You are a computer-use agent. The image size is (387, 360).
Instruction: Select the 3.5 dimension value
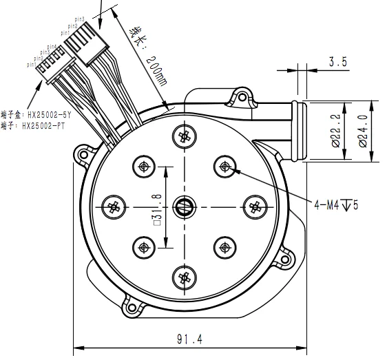(x=338, y=63)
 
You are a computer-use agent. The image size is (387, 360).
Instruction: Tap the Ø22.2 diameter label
(x=335, y=131)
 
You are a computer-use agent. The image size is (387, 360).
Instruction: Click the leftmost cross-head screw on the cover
(x=114, y=205)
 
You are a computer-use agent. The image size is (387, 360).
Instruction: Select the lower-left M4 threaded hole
(x=143, y=246)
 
